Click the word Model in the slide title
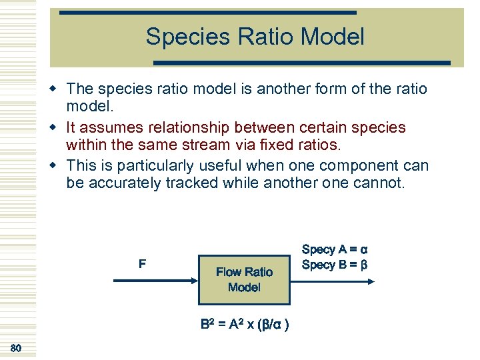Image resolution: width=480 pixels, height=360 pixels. (333, 37)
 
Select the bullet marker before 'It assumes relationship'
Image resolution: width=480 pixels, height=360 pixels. (59, 127)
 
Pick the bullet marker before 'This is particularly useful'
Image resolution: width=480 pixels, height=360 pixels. (59, 165)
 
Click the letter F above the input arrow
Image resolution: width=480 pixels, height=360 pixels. (142, 264)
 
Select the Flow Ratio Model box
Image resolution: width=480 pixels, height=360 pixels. (244, 279)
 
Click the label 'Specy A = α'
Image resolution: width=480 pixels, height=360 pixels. (335, 250)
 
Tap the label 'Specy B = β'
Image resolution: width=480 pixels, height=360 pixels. (335, 265)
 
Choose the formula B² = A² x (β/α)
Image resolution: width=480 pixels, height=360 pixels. (244, 325)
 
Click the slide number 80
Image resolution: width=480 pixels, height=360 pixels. (16, 348)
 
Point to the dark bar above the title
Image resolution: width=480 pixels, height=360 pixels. (208, 12)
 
